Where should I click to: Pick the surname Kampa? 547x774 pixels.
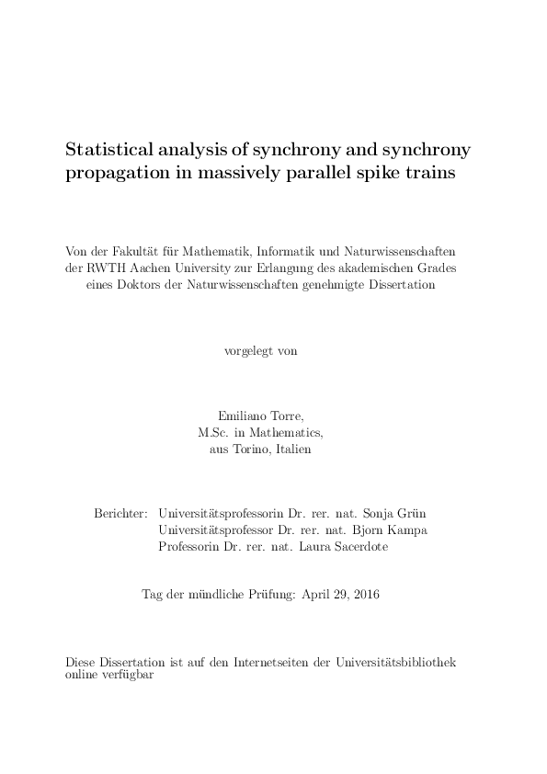point(408,529)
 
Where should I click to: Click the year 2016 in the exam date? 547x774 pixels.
point(364,595)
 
